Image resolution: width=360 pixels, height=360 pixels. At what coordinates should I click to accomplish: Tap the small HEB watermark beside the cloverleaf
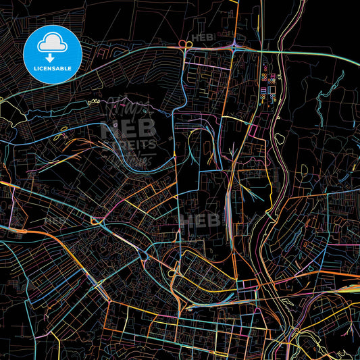(x=203, y=38)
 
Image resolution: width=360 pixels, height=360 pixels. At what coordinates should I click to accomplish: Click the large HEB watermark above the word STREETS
(x=129, y=128)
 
